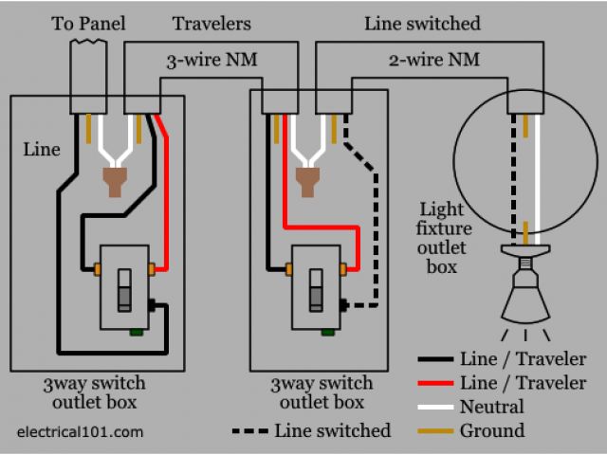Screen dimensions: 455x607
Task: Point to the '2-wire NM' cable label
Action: coord(433,60)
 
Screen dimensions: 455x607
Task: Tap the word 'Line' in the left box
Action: coord(42,149)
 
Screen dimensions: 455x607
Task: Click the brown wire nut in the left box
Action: coord(115,180)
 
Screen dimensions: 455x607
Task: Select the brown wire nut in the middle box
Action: coord(307,178)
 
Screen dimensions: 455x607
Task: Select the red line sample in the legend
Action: coord(435,382)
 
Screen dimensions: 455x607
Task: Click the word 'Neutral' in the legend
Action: coord(491,407)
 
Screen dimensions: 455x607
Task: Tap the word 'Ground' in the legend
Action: coord(490,430)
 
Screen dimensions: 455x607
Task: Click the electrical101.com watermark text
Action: coord(81,432)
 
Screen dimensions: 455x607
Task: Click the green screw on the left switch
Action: coord(138,331)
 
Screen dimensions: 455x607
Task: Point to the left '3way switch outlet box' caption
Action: coord(94,392)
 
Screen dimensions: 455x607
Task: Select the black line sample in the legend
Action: coord(435,359)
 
